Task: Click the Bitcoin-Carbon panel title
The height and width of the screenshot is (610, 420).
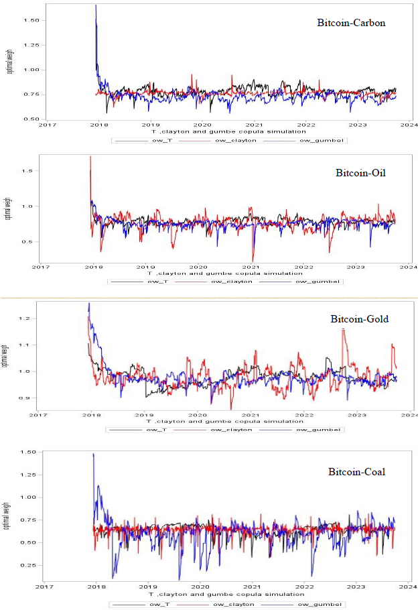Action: click(351, 23)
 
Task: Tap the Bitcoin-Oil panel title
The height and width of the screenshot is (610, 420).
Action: click(360, 173)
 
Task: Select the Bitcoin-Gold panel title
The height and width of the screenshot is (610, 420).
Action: click(359, 319)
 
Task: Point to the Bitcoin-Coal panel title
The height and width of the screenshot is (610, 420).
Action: click(356, 473)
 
